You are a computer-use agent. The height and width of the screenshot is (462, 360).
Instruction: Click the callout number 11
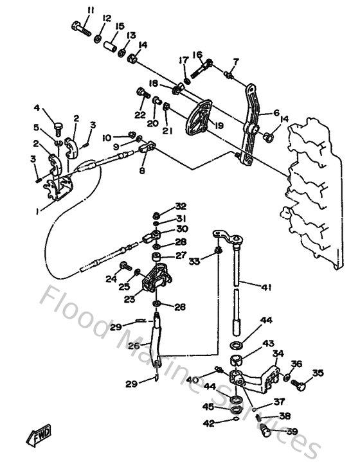91,10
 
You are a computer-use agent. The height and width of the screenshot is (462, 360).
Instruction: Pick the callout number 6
276,113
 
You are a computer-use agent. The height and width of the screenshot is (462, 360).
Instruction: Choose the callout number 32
181,206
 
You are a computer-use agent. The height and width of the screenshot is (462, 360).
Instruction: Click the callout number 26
134,346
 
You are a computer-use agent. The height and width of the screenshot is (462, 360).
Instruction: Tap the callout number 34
278,353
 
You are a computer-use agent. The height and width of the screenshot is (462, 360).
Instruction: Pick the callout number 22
140,114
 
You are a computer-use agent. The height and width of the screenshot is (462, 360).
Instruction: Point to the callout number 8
142,172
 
